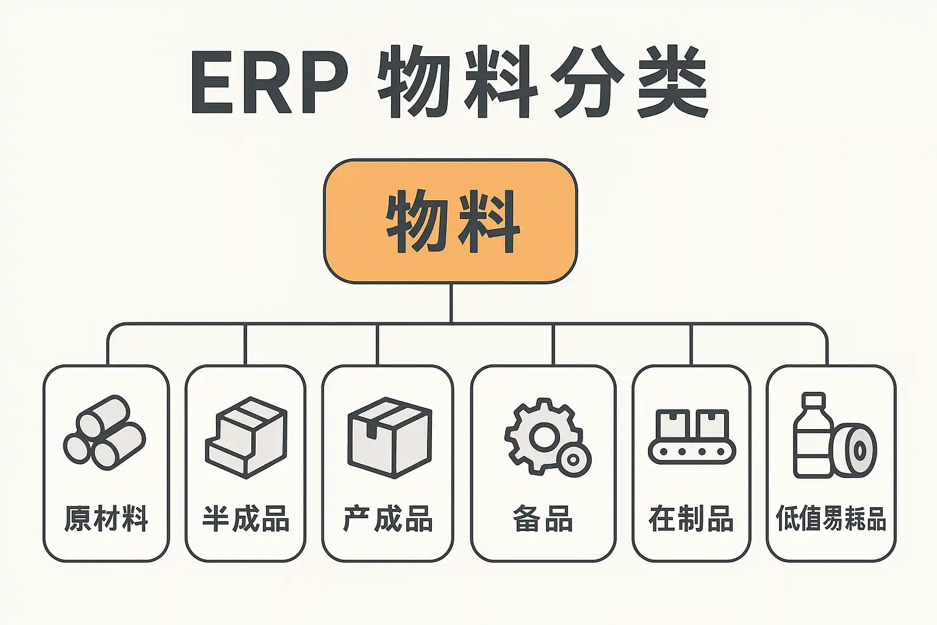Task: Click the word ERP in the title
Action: click(268, 83)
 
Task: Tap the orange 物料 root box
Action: click(450, 221)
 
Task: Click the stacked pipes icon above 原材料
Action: click(104, 433)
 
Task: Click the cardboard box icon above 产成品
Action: click(389, 436)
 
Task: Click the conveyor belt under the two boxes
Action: click(692, 452)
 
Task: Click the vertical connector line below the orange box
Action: click(451, 303)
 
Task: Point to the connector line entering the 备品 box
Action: click(553, 345)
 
